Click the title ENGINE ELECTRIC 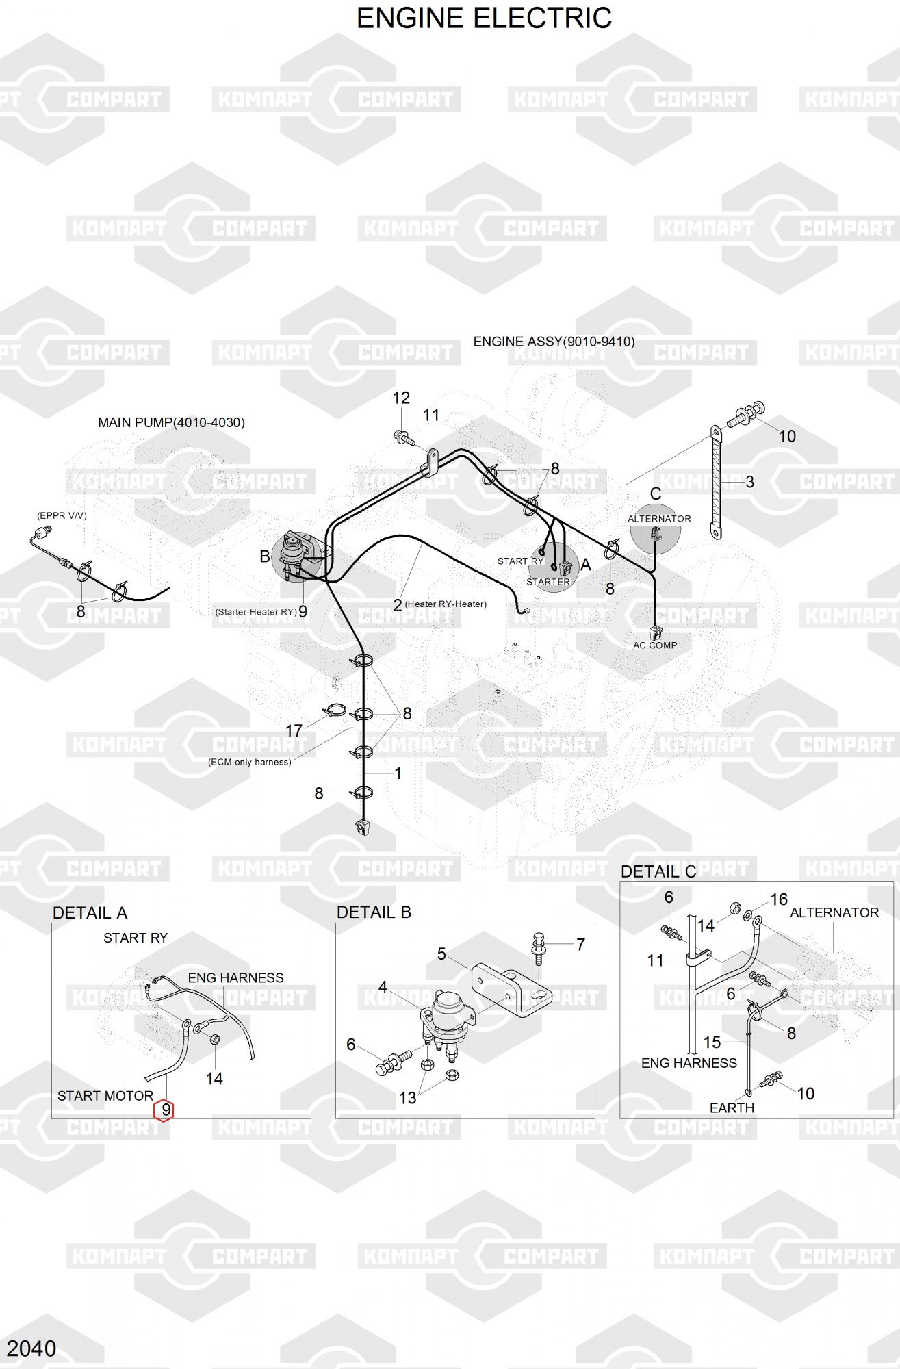coord(484,18)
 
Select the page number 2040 coord(31,1348)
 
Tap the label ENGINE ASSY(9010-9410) coord(554,342)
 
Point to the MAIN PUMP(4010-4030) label coord(171,422)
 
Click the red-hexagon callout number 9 coord(165,1110)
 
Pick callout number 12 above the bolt coord(401,398)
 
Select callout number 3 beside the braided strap coord(749,482)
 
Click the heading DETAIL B coord(374,912)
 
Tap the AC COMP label coord(655,645)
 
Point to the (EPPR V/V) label coord(62,515)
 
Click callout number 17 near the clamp coord(294,730)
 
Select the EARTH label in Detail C coord(732,1108)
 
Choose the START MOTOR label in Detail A coord(105,1096)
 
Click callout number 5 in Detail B coord(441,954)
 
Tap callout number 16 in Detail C coord(779,899)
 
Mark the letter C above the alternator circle coord(656,494)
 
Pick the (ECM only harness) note coord(249,762)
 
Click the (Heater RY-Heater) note coord(446,604)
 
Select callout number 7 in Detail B coord(580,945)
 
